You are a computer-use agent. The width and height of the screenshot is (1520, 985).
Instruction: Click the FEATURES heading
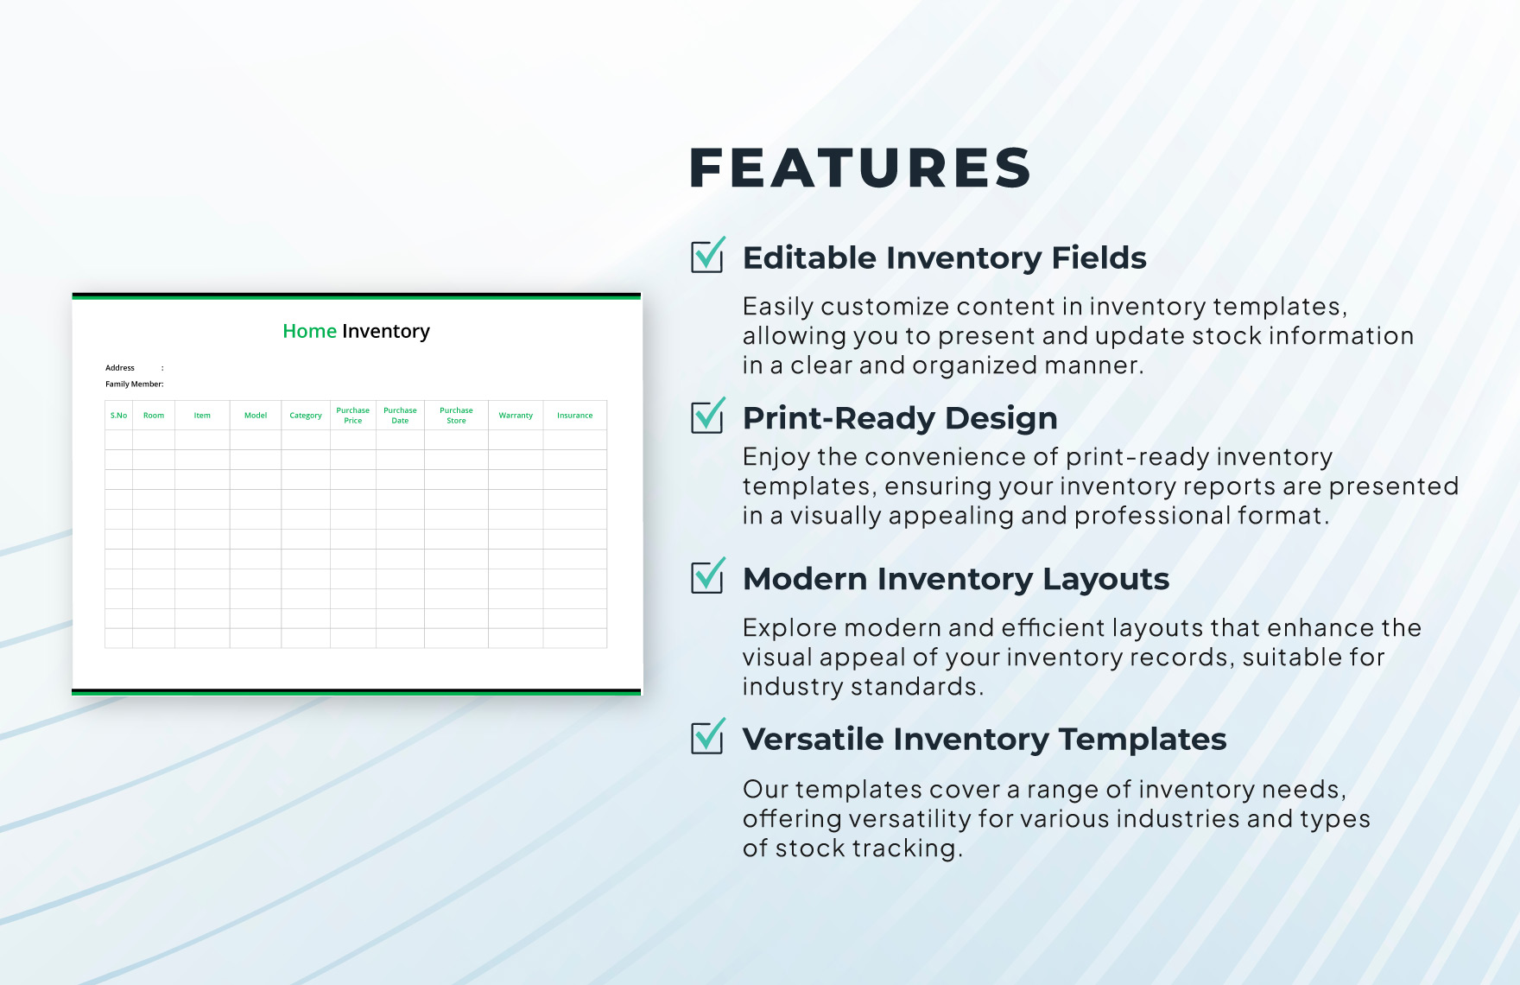(860, 168)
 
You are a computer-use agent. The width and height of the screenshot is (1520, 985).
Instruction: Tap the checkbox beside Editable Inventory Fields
(707, 257)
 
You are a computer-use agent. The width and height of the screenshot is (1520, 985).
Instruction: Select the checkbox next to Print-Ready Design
(707, 417)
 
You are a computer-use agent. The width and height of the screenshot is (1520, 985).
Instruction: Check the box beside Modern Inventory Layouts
(707, 577)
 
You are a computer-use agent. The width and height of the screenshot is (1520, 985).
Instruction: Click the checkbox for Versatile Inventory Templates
(707, 738)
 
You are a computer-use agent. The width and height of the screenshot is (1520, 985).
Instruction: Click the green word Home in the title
(309, 331)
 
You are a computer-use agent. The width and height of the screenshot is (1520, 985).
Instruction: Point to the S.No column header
(118, 416)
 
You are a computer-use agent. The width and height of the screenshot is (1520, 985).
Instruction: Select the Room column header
(154, 416)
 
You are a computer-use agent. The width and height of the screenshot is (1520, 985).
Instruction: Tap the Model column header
(256, 416)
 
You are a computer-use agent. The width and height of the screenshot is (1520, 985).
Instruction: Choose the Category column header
(306, 416)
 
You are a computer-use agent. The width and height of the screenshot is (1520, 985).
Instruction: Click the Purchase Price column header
(352, 416)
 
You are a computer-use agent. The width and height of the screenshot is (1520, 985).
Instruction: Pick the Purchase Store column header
(456, 416)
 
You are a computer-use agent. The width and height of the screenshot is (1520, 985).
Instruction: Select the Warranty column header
(516, 416)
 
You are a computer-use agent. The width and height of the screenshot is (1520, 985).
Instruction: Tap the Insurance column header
(574, 416)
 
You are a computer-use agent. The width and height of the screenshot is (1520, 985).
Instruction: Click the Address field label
(120, 368)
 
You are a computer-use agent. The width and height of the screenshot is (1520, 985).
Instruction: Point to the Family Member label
(134, 384)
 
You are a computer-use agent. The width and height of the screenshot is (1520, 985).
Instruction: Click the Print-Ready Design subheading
(900, 418)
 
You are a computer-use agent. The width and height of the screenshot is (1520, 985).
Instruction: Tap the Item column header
(202, 416)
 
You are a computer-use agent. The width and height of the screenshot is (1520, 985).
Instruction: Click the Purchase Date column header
(400, 416)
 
